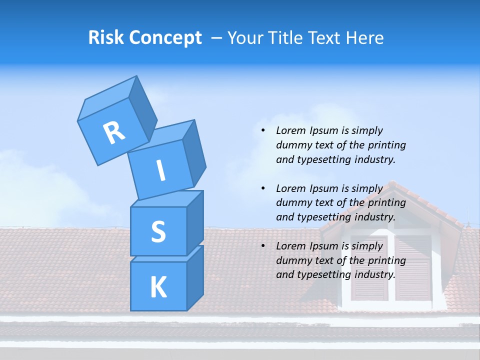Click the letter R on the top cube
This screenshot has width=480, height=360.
tap(114, 132)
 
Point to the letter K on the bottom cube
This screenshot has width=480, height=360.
tap(158, 287)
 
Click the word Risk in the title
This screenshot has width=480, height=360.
tap(105, 37)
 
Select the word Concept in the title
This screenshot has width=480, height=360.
tap(165, 38)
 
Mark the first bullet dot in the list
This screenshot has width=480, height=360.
tap(263, 130)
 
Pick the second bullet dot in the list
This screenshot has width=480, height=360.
tap(263, 188)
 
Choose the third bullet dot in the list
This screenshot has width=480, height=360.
tap(263, 246)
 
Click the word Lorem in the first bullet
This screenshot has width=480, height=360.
tap(289, 130)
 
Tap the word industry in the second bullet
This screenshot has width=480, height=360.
tap(374, 217)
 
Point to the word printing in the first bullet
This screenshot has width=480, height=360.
tap(386, 145)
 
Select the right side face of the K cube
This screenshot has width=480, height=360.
tap(195, 277)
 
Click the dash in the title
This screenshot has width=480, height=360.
tap(217, 38)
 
